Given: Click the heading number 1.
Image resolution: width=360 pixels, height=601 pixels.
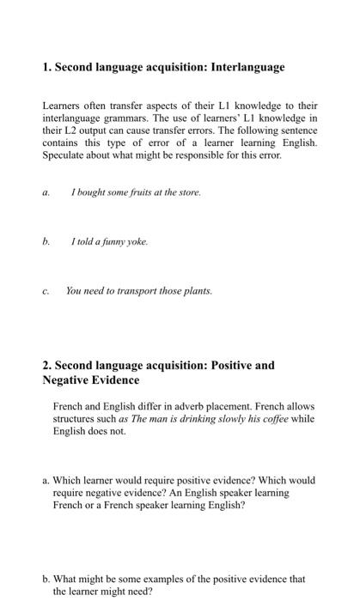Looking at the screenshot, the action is click(x=46, y=67).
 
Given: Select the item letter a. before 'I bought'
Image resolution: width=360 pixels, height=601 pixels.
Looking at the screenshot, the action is click(x=46, y=193).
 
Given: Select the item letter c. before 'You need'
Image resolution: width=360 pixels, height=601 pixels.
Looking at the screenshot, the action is click(x=46, y=291).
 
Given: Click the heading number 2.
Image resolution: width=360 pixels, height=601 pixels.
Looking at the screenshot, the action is click(x=46, y=365).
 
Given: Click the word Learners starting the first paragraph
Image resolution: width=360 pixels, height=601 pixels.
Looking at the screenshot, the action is click(x=63, y=106).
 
